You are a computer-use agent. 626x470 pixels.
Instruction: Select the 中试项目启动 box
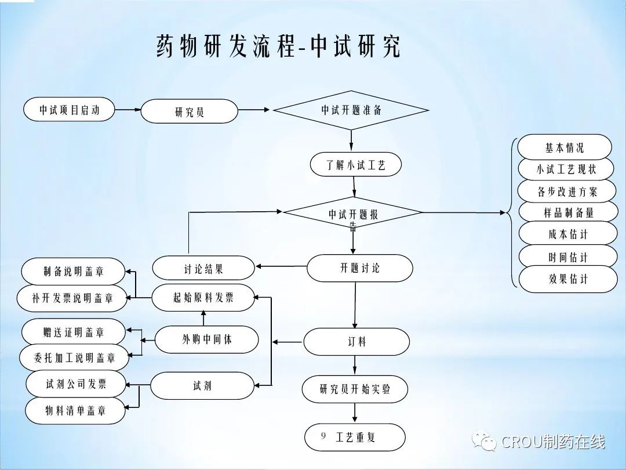click(x=70, y=110)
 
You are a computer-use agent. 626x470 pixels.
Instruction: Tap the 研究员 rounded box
click(x=190, y=111)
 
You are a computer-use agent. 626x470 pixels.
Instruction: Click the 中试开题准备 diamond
click(x=351, y=110)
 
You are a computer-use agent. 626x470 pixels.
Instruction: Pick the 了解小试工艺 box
click(x=356, y=165)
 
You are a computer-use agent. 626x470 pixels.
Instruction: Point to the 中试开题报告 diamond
click(x=353, y=214)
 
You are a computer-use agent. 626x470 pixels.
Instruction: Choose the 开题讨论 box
click(x=359, y=268)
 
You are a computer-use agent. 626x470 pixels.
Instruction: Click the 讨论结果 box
click(x=203, y=268)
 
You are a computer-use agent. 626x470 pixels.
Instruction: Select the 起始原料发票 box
click(x=203, y=298)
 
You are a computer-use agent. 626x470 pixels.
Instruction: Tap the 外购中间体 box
click(x=207, y=339)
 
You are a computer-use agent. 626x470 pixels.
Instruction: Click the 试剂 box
click(x=202, y=385)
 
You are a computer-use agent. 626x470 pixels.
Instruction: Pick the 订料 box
click(x=357, y=341)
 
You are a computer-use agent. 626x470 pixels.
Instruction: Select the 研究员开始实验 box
click(x=355, y=389)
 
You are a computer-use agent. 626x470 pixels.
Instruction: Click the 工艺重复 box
click(x=355, y=437)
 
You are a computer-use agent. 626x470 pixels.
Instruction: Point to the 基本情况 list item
click(x=565, y=147)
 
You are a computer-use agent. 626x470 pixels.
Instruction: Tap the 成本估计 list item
click(x=567, y=234)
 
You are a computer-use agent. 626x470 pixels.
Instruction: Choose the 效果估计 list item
click(x=568, y=279)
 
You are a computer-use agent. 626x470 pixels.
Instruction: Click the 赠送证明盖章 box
click(x=74, y=332)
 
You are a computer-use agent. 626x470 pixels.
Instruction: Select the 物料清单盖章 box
click(x=75, y=410)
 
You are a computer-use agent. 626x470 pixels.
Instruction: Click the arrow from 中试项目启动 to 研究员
click(x=128, y=109)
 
